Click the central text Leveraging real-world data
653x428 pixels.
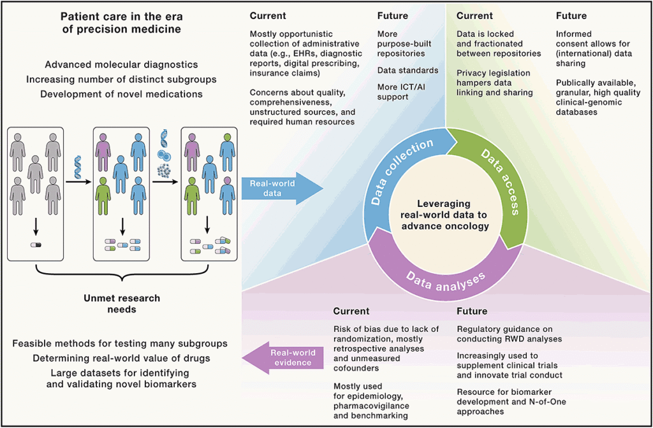[445, 213]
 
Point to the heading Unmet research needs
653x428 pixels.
[122, 303]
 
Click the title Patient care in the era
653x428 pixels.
[121, 22]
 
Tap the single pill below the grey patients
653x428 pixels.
[36, 244]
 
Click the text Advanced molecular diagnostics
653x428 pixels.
[121, 65]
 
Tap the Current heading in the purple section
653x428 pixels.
[351, 311]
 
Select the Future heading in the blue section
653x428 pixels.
[393, 16]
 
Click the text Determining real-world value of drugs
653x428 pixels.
[121, 359]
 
